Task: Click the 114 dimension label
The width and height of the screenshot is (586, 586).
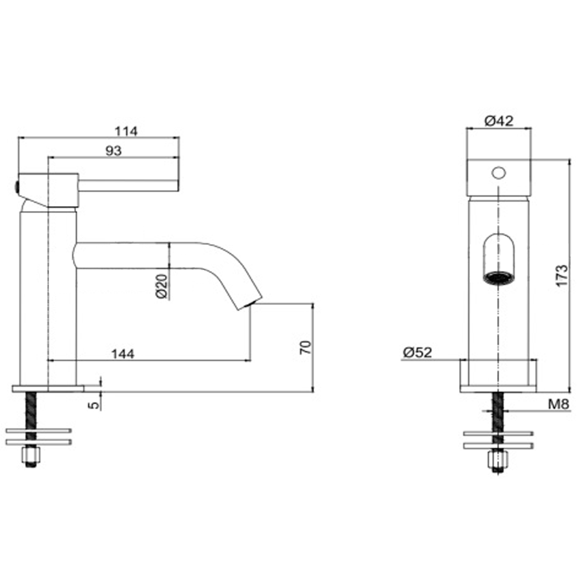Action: pyautogui.click(x=126, y=131)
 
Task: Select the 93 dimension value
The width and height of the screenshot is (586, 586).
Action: pyautogui.click(x=113, y=150)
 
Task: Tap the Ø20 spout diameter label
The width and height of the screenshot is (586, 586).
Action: pyautogui.click(x=162, y=286)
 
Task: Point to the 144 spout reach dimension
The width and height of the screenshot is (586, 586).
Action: pyautogui.click(x=123, y=354)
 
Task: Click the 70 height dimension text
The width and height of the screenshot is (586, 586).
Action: pyautogui.click(x=306, y=347)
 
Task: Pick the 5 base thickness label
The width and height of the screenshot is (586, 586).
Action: pyautogui.click(x=94, y=404)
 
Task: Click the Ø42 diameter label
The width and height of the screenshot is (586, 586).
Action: pyautogui.click(x=499, y=121)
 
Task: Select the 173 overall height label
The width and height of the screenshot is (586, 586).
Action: pyautogui.click(x=562, y=275)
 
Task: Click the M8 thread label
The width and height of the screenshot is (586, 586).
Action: pyautogui.click(x=558, y=404)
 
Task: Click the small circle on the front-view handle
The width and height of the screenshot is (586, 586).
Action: pyautogui.click(x=498, y=173)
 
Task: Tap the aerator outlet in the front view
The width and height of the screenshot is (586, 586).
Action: pyautogui.click(x=498, y=278)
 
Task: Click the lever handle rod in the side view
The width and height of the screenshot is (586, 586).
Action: pyautogui.click(x=129, y=186)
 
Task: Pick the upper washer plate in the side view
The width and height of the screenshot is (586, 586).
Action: pyautogui.click(x=39, y=431)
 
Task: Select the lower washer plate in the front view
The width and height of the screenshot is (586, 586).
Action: pyautogui.click(x=498, y=445)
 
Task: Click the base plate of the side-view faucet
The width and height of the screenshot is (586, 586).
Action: pyautogui.click(x=48, y=388)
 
